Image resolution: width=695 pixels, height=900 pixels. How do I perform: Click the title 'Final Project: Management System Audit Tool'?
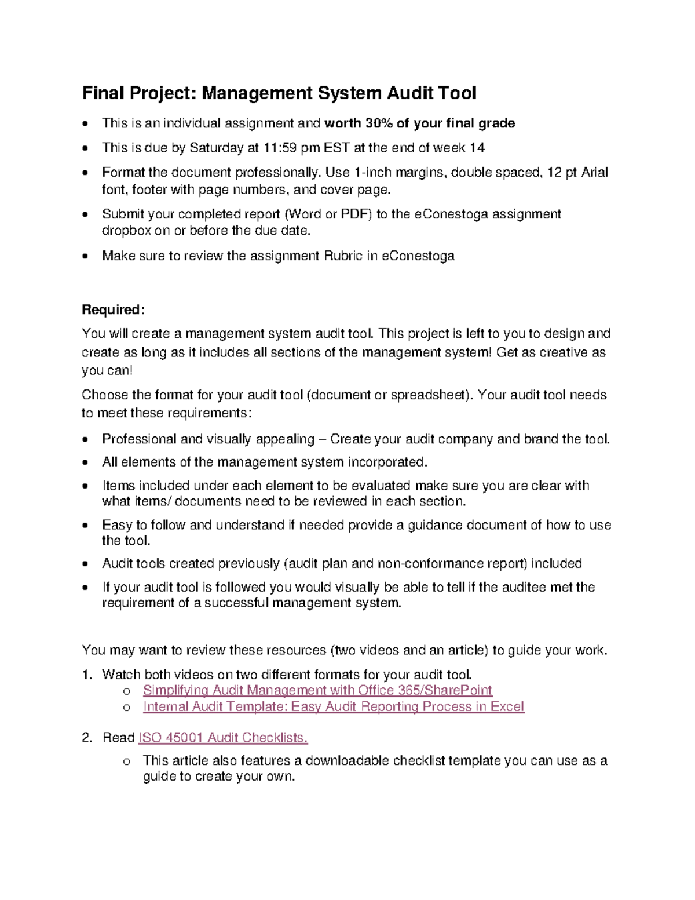pyautogui.click(x=279, y=93)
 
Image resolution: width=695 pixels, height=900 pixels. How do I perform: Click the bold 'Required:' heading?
pyautogui.click(x=112, y=310)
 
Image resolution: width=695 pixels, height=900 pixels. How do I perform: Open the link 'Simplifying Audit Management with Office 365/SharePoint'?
pyautogui.click(x=317, y=690)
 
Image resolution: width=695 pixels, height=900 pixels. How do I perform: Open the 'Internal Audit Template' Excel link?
pyautogui.click(x=334, y=706)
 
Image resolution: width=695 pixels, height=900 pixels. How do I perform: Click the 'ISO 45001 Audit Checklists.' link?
pyautogui.click(x=223, y=738)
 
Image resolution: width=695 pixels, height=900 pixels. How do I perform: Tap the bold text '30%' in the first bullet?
pyautogui.click(x=379, y=123)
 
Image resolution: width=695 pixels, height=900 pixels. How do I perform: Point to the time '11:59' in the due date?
pyautogui.click(x=280, y=148)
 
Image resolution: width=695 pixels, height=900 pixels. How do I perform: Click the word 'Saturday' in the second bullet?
pyautogui.click(x=217, y=148)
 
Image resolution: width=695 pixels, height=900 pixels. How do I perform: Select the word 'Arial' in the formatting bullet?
pyautogui.click(x=594, y=173)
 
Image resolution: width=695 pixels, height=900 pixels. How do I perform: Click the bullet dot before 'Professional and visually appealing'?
pyautogui.click(x=86, y=440)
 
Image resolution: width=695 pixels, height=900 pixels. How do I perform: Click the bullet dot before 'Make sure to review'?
pyautogui.click(x=86, y=257)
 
